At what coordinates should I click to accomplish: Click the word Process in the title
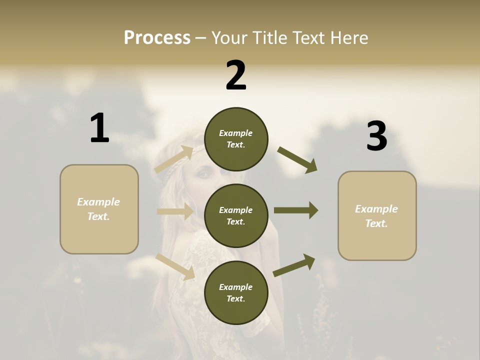pos(157,37)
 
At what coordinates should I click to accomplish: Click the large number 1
pos(99,128)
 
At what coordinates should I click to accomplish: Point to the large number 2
pos(236,75)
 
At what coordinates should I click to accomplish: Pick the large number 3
pos(376,136)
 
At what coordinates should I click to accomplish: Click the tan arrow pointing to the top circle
pos(174,159)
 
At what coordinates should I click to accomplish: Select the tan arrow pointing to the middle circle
pos(175,211)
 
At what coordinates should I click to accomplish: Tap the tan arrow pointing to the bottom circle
pos(175,266)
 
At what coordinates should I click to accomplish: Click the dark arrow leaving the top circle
pos(297,160)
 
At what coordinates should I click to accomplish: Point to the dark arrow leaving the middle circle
pos(296,210)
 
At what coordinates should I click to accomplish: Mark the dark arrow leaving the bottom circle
pos(294,265)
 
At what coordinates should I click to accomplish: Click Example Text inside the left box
pos(99,209)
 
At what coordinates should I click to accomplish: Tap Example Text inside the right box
pos(377,216)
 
